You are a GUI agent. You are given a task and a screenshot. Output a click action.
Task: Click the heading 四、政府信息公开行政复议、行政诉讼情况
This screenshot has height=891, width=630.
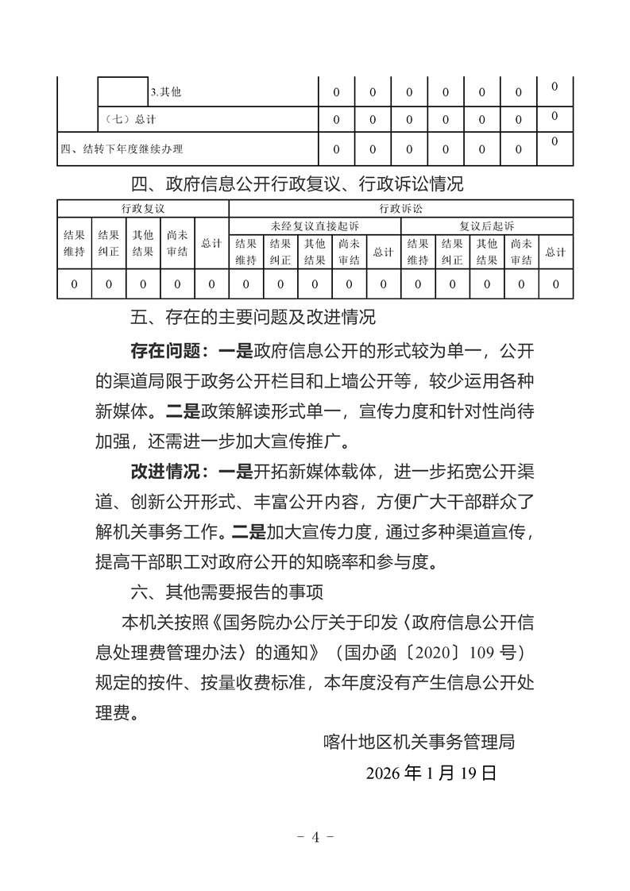click(296, 185)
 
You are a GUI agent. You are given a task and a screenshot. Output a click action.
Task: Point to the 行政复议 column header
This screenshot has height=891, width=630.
click(143, 209)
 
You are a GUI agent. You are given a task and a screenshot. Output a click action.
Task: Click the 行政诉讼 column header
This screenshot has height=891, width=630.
click(400, 209)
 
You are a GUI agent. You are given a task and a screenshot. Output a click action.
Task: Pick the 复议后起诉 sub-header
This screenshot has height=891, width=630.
click(486, 226)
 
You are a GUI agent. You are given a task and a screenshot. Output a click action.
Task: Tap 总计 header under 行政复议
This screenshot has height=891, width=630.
click(211, 244)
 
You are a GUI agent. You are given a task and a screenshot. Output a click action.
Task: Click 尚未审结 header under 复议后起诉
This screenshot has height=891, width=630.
click(521, 252)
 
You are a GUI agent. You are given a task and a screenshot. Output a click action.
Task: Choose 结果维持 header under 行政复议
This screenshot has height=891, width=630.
click(74, 244)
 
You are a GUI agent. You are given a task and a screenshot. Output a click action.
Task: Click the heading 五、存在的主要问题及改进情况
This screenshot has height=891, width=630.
click(252, 318)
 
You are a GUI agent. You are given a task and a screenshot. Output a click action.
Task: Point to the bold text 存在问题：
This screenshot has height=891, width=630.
click(171, 350)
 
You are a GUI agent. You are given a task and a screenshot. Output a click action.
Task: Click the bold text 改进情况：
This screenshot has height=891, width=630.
click(171, 474)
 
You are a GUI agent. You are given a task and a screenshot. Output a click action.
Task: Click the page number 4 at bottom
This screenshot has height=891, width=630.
click(315, 837)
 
